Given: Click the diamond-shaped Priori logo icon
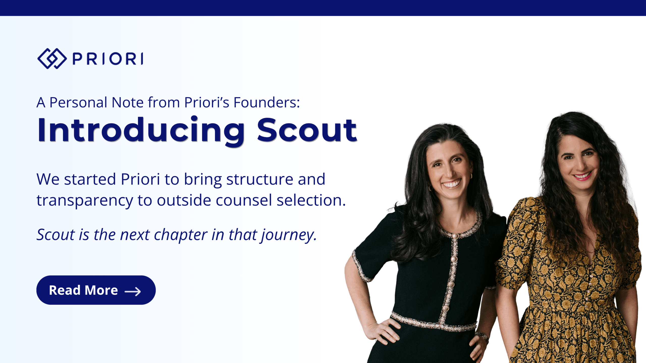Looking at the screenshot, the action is coord(52,58).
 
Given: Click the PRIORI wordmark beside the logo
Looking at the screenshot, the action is coord(108,59).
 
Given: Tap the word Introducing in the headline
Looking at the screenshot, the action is coord(141,131).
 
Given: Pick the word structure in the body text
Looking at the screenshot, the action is coord(259,179).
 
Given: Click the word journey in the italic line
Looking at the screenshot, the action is coord(289,235).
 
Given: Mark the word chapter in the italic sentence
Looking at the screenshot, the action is coord(181,235).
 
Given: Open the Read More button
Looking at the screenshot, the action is coord(96,290).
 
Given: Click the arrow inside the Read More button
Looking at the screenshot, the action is coord(133,291).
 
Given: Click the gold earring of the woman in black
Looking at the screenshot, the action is coord(471,176).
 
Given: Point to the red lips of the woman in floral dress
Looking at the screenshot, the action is coord(582,175).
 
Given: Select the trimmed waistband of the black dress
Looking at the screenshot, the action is coord(433,322).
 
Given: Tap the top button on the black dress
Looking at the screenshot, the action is coord(455,236).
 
